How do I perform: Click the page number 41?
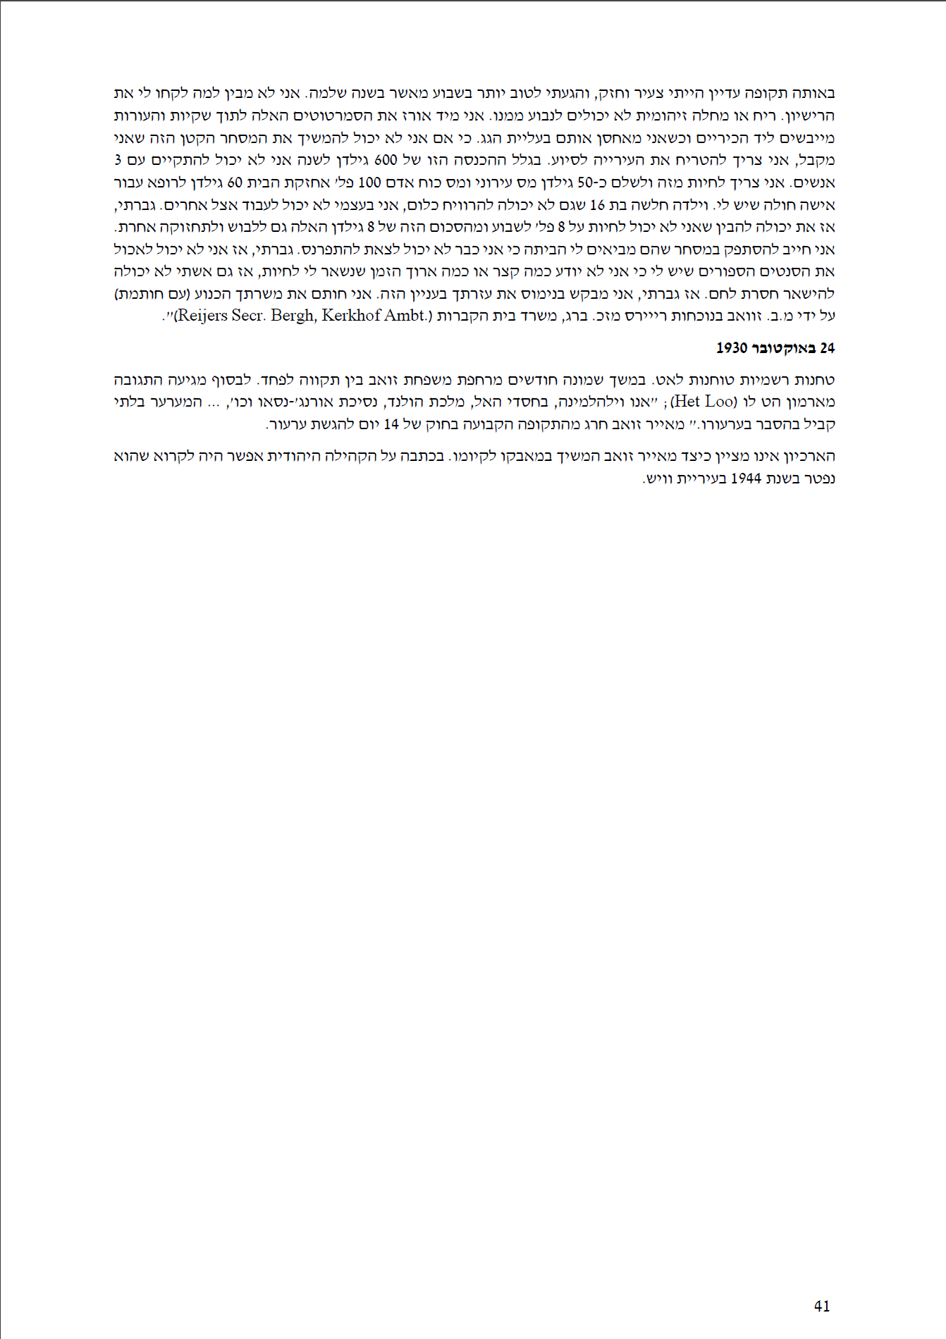pos(822,1306)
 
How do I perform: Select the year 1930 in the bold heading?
pos(731,348)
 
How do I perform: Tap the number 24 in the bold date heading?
pos(827,348)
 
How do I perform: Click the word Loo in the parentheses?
pos(720,402)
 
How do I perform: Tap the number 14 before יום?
pos(391,424)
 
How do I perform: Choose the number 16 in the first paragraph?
pos(597,205)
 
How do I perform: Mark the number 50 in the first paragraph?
pos(585,183)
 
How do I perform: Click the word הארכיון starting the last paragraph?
pos(808,456)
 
